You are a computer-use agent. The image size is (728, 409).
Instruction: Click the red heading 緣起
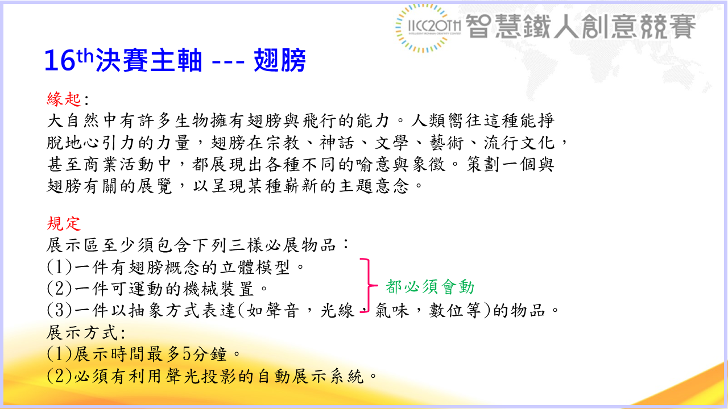coord(64,99)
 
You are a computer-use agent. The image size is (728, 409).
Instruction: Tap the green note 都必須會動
coord(430,287)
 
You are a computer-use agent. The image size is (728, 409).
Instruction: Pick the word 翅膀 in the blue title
coord(281,61)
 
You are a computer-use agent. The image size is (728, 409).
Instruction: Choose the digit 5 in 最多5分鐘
coord(187,354)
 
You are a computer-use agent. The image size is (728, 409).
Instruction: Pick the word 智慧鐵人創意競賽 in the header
coord(581,27)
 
